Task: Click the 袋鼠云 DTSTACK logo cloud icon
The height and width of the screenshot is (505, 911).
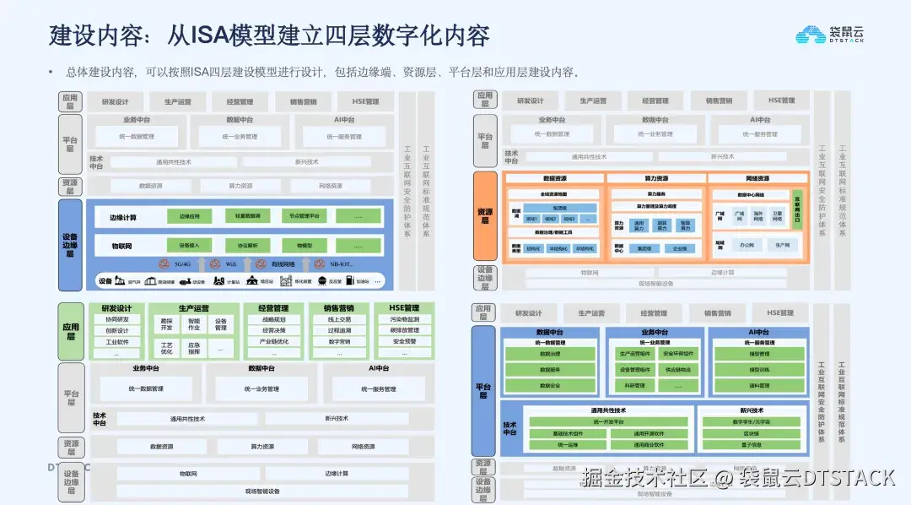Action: click(811, 35)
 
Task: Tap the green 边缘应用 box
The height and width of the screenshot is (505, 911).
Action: click(190, 217)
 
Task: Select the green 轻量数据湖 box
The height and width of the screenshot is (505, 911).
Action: click(247, 217)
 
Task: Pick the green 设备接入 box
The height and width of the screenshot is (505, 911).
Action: click(190, 246)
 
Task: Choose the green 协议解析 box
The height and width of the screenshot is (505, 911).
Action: click(247, 246)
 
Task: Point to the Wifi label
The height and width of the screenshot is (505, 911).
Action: click(230, 264)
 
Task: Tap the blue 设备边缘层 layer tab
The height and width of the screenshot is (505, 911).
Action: click(71, 245)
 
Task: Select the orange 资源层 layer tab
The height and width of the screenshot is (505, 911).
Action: click(485, 216)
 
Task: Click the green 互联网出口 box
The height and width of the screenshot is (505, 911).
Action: click(797, 208)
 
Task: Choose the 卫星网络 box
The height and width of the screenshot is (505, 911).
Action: click(777, 215)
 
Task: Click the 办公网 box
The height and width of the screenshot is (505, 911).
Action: click(746, 246)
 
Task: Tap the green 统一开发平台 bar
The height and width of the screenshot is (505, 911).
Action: click(607, 421)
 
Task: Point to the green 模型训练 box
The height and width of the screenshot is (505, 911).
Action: click(759, 370)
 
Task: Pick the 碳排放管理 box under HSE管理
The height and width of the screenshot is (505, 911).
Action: click(404, 331)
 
